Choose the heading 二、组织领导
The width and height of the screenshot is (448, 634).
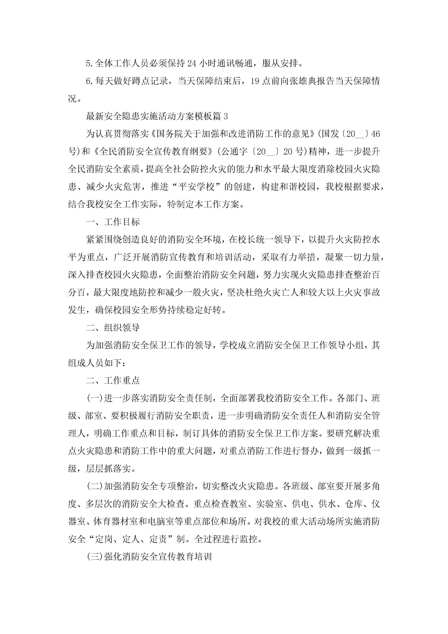113,328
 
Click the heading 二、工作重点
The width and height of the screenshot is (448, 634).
113,380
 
